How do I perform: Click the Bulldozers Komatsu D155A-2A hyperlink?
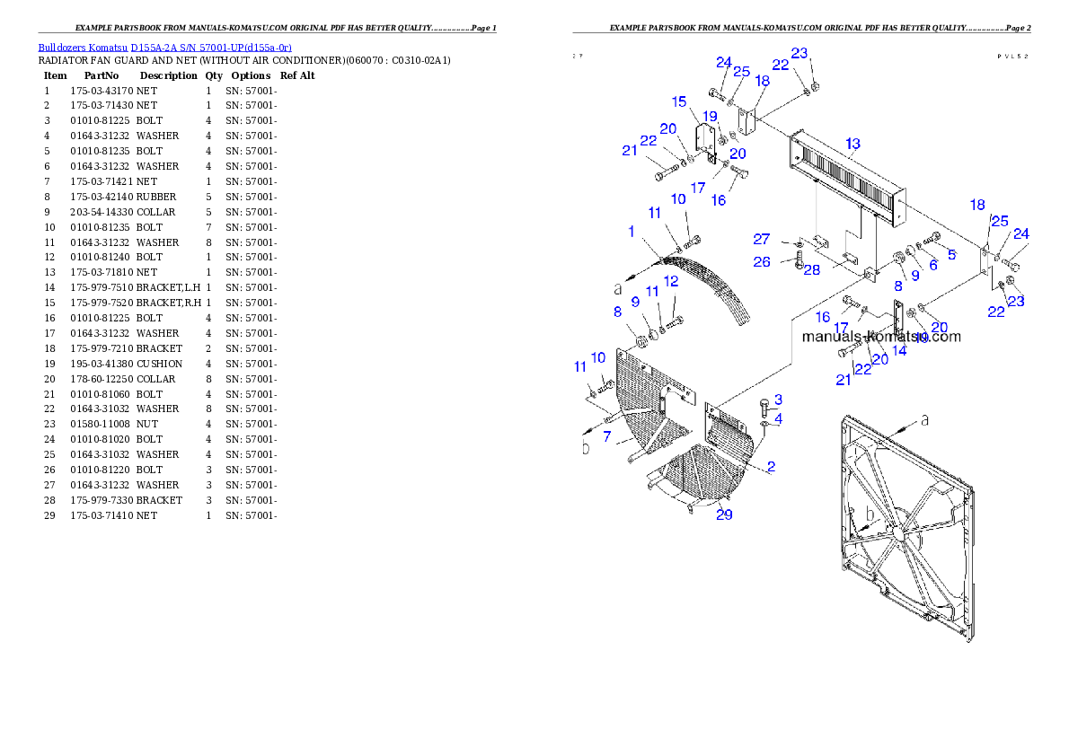(x=164, y=48)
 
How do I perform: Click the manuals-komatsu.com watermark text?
(x=880, y=337)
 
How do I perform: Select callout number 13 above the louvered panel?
(x=853, y=144)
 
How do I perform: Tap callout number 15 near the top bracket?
(x=679, y=101)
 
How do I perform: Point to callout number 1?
(x=632, y=232)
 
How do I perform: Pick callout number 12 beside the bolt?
(x=671, y=282)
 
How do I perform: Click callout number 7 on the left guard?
(x=607, y=437)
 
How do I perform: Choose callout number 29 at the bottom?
(x=724, y=514)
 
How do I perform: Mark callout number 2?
(x=771, y=467)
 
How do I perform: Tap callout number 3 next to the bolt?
(x=778, y=400)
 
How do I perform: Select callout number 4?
(x=778, y=418)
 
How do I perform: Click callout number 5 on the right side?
(x=951, y=254)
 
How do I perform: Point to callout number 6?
(x=933, y=264)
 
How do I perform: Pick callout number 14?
(x=899, y=351)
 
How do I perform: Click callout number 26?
(x=762, y=262)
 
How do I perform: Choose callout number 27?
(x=762, y=240)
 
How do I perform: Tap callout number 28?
(x=811, y=270)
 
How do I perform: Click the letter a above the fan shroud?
(x=925, y=420)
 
